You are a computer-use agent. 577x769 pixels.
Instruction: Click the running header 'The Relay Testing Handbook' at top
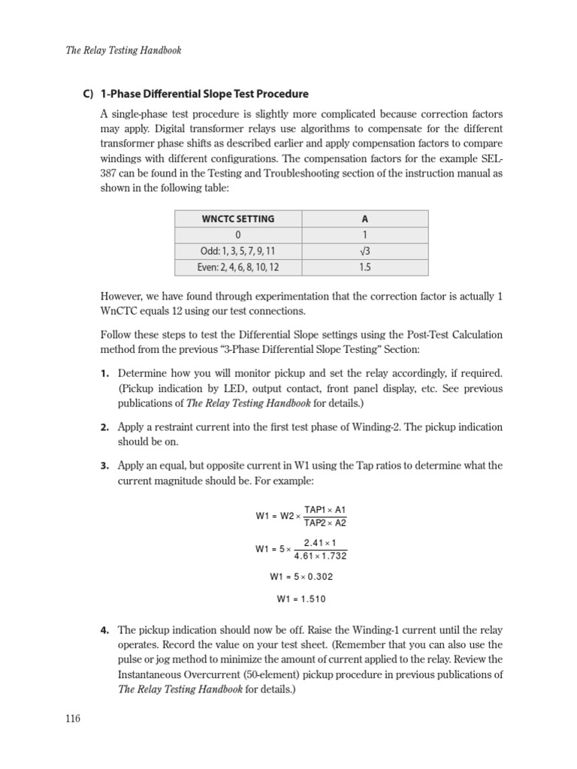click(122, 50)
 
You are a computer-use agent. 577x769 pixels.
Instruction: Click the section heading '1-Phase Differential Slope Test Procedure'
click(204, 94)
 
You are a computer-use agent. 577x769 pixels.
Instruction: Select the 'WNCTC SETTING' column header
click(238, 219)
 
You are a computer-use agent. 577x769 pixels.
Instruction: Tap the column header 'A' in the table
click(365, 219)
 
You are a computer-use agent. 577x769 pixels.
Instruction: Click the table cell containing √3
click(365, 251)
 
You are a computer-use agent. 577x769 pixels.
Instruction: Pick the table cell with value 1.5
click(365, 267)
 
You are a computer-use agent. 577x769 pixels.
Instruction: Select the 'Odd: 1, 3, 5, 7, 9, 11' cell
click(238, 251)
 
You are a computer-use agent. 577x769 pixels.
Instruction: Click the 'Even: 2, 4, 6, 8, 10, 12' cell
click(238, 267)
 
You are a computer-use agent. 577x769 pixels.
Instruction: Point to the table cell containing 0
click(238, 235)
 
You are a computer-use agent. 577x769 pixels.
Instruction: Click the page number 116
click(72, 719)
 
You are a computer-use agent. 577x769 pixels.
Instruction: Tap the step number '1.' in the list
click(105, 373)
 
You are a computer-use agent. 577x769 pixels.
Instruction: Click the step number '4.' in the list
click(105, 630)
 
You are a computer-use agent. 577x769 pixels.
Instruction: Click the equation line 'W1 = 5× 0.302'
click(301, 577)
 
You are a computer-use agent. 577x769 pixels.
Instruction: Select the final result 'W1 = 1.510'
click(301, 599)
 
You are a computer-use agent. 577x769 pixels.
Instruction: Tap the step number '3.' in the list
click(105, 466)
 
